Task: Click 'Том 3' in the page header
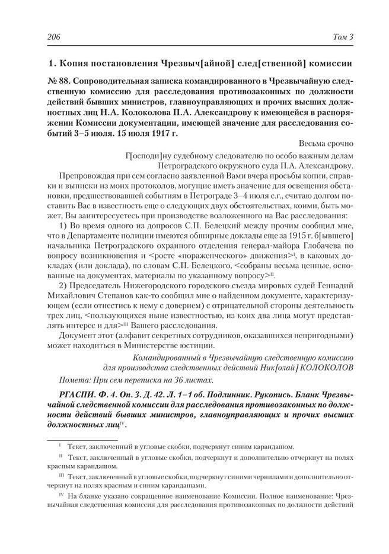tap(342, 37)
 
